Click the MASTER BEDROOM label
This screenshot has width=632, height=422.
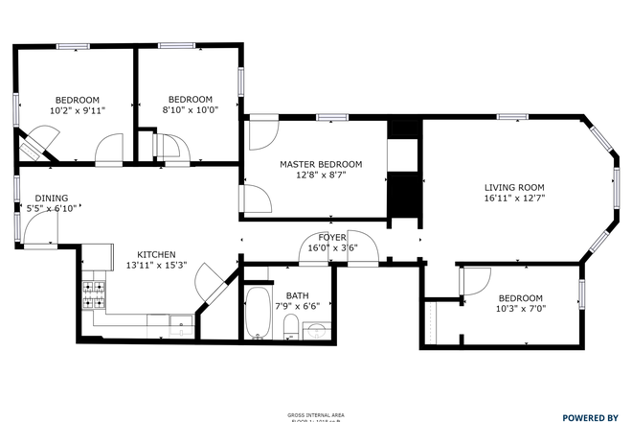point(321,164)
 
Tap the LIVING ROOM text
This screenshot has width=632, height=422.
point(514,187)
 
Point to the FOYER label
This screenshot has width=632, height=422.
point(332,236)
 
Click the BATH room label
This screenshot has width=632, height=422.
point(297,295)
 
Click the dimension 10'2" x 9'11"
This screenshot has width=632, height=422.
point(77,110)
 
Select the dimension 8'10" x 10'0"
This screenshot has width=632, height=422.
point(190,110)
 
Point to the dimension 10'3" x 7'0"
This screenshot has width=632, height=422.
point(520,309)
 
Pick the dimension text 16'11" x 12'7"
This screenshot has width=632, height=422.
point(514,199)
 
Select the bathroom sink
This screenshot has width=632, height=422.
point(317,329)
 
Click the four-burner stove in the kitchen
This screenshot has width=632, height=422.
point(94,293)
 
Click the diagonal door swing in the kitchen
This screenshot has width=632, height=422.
point(208,285)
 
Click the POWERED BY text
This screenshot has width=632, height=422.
point(590,417)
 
